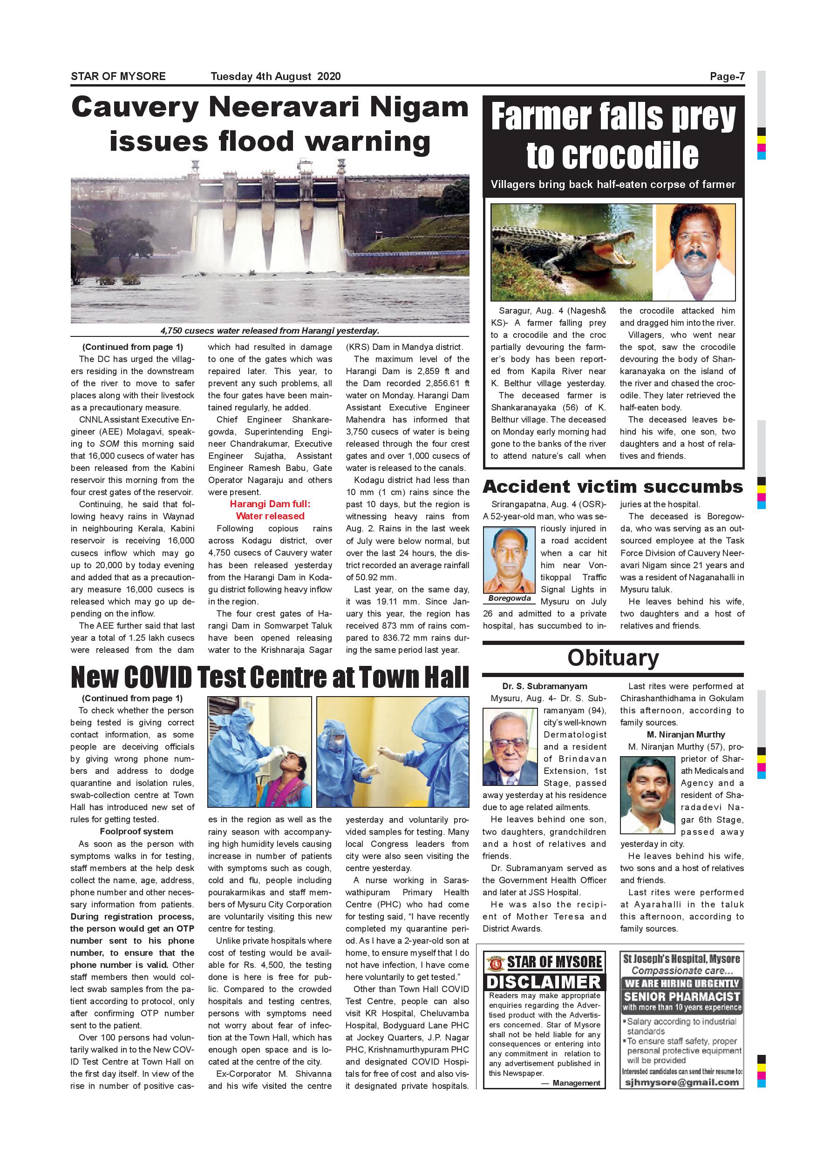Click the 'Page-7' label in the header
[x=727, y=76]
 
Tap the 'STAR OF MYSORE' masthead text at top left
[x=118, y=76]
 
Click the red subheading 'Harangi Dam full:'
[x=270, y=504]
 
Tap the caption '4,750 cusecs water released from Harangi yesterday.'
[x=270, y=331]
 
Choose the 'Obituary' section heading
[x=613, y=658]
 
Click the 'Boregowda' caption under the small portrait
[x=509, y=598]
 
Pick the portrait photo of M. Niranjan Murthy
[x=647, y=795]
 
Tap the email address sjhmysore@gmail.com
[x=681, y=1083]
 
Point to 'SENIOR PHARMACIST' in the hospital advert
[x=681, y=996]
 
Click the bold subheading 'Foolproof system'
[x=136, y=832]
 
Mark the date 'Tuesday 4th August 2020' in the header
[x=275, y=76]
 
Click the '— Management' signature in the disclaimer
[x=571, y=1083]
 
